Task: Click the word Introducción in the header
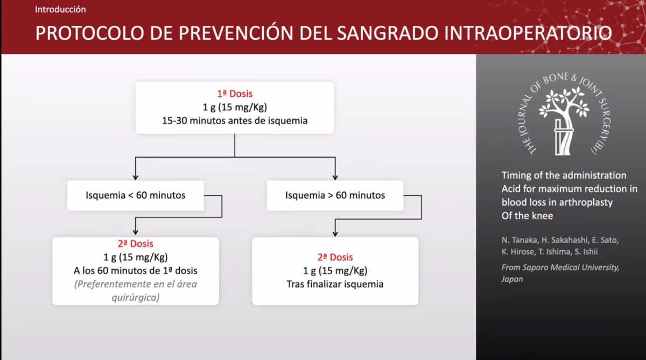tap(60, 10)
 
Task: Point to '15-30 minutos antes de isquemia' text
tap(235, 121)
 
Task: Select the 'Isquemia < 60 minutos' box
tap(135, 195)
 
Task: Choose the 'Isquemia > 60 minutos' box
tap(335, 195)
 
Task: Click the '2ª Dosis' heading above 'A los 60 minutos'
tap(135, 244)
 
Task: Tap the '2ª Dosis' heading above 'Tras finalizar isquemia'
tap(335, 257)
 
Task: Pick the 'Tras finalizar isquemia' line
tap(335, 284)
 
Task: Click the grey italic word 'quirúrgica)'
tap(135, 297)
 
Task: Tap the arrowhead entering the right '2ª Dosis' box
tap(335, 234)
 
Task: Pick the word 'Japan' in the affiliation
tap(512, 279)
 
